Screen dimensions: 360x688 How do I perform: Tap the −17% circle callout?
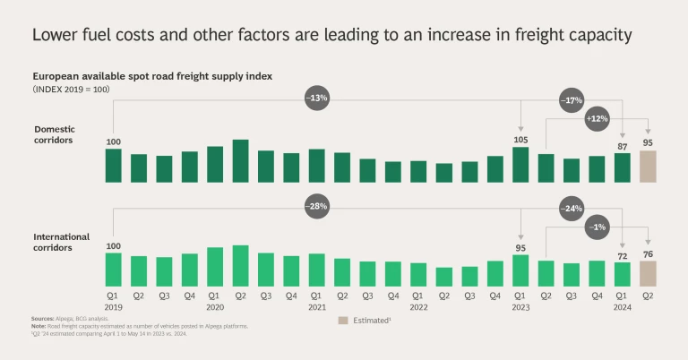[x=572, y=99]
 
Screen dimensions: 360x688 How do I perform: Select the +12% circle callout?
[x=597, y=118]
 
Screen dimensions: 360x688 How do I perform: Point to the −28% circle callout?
[x=317, y=207]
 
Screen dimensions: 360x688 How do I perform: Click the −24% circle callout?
[x=572, y=208]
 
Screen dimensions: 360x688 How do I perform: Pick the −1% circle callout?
[x=597, y=227]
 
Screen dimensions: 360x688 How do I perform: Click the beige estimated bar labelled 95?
[x=648, y=167]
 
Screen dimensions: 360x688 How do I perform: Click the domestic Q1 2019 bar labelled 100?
[x=113, y=166]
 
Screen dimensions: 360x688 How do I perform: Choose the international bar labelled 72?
[x=623, y=273]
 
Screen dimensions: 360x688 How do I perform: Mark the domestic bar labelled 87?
[x=623, y=167]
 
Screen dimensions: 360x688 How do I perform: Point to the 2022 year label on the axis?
[x=419, y=305]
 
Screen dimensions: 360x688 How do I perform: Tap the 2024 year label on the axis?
[x=623, y=305]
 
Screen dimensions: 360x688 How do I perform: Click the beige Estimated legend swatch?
[x=342, y=320]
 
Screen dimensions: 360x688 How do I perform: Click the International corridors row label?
[x=61, y=242]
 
